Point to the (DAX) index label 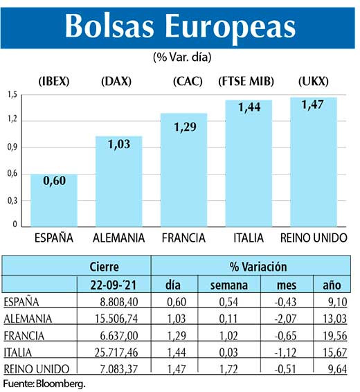tap(117, 82)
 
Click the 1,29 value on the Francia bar tap(184, 127)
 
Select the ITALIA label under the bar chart tap(248, 238)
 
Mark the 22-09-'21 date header tap(114, 284)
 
